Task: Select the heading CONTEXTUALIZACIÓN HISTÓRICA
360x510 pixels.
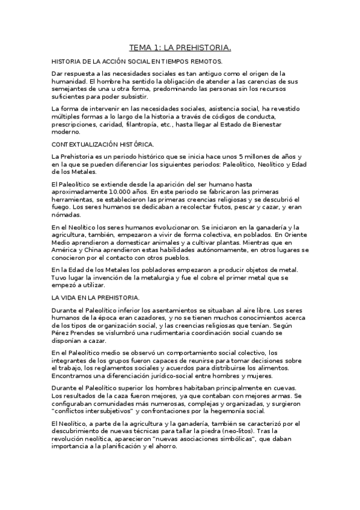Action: click(103, 144)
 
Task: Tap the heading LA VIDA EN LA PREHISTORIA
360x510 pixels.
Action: click(96, 297)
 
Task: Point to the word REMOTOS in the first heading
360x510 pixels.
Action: click(206, 62)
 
